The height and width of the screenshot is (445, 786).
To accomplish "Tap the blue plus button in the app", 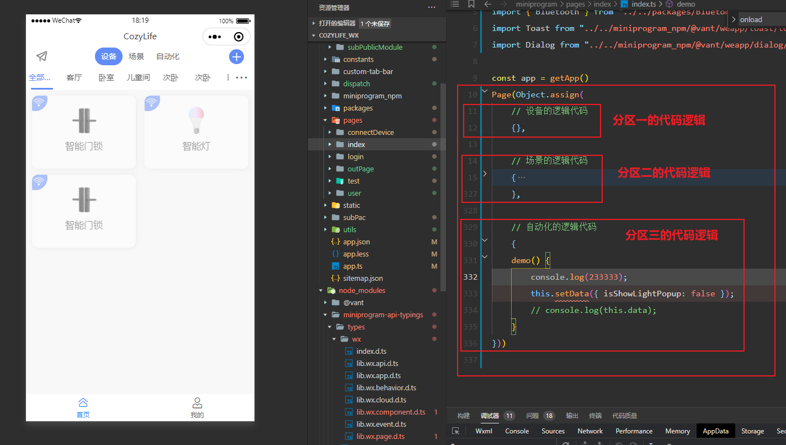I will coord(236,56).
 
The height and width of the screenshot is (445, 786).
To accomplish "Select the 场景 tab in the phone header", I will coord(136,56).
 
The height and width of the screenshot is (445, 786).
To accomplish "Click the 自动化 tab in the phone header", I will coord(168,56).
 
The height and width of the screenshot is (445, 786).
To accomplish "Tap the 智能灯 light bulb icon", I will coord(196,121).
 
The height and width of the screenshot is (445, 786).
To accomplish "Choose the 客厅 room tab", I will coord(74,77).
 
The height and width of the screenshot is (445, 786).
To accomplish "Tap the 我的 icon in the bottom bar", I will coord(197,403).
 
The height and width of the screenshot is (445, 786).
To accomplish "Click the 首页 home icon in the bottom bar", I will coord(83,403).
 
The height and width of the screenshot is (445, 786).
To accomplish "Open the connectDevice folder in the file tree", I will coord(370,132).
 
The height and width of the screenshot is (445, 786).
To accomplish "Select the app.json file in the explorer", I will coord(356,242).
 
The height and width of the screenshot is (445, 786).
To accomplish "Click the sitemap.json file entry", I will coord(363,278).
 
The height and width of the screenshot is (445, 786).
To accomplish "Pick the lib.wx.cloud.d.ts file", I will coord(381,400).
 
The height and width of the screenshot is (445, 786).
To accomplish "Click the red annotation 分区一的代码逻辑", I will coord(658,120).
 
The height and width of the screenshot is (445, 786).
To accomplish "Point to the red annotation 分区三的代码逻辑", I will coord(671,235).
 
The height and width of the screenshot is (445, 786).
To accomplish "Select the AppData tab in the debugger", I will coord(715,431).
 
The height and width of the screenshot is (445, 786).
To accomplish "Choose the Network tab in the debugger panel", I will coord(590,431).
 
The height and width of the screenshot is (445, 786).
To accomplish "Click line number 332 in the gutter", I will coord(470,277).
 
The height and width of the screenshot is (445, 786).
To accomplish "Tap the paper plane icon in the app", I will coord(42,56).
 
